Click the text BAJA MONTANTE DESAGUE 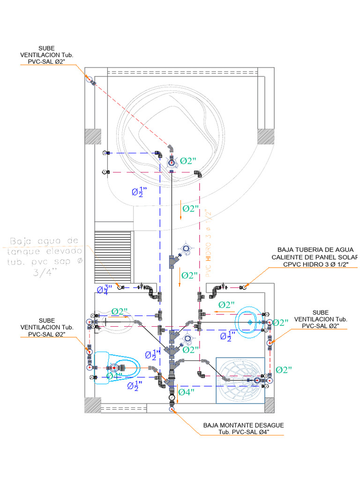[x=243, y=425]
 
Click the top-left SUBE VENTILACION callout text [x=47, y=55]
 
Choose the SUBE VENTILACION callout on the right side [x=321, y=319]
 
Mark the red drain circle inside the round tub [x=172, y=162]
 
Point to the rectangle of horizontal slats [x=112, y=257]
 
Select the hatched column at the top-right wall [x=265, y=137]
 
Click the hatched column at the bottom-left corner [x=93, y=405]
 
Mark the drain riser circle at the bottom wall [x=172, y=409]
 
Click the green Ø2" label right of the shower [x=284, y=370]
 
